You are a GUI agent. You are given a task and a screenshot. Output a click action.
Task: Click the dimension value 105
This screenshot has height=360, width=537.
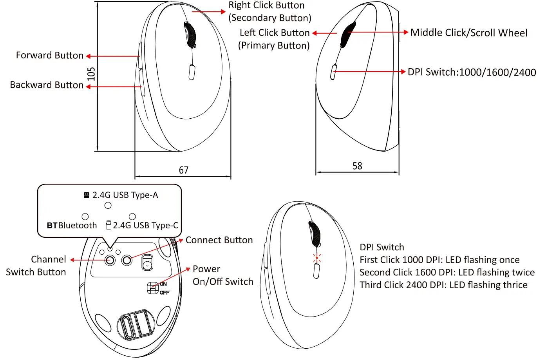coord(91,74)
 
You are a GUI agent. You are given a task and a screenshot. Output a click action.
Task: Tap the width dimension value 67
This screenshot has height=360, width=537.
coord(183,170)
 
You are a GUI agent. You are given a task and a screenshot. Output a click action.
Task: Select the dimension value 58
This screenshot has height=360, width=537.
coord(357,166)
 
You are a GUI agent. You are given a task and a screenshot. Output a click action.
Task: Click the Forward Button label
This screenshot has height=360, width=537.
coord(50,56)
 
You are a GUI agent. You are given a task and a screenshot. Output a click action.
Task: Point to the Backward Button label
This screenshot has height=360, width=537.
coord(47,85)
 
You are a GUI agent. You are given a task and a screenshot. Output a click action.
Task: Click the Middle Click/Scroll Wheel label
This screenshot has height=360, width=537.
coord(469,33)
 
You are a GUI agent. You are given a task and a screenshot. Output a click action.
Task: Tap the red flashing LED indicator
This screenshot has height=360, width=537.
coord(317,257)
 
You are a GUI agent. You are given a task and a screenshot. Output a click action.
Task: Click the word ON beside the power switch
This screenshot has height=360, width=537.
coord(163,284)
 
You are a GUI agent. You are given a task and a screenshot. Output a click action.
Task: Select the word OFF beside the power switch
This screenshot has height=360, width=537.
coord(165,293)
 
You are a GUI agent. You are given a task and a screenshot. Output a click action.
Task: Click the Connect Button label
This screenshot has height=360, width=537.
coord(219,240)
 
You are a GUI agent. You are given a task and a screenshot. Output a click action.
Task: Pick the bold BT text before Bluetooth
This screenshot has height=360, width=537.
coord(52,226)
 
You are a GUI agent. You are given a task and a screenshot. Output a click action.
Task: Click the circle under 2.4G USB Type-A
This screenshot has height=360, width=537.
coord(108,205)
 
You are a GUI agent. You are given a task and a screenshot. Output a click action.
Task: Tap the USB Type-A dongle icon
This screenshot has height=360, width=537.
coord(87,195)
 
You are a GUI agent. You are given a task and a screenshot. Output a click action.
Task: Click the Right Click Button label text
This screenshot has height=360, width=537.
coord(266,5)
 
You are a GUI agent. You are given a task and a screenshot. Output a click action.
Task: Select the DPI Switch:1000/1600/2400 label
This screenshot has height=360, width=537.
coord(472,72)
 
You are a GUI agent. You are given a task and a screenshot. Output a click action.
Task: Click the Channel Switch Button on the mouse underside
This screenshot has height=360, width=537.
coord(110,260)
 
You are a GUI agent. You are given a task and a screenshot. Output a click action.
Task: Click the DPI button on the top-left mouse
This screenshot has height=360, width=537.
coord(192,72)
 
